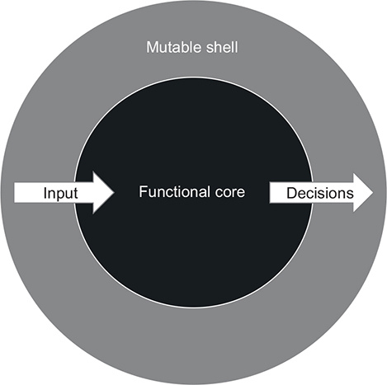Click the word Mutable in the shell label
coord(171,47)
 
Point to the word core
coord(230,193)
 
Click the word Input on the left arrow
coord(60,193)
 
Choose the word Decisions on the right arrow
coord(320,193)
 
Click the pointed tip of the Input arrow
coord(114,193)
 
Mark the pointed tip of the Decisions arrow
coord(373,193)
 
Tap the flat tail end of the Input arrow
coord(15,193)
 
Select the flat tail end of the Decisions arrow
coord(270,193)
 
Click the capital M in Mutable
coord(152,47)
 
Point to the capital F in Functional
coord(143,191)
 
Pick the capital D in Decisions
coord(292,193)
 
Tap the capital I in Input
coord(45,193)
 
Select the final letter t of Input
coord(76,194)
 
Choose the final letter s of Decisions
coord(350,195)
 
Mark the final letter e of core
coord(241,193)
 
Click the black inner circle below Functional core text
coord(193,247)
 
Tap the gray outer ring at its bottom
coord(193,345)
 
